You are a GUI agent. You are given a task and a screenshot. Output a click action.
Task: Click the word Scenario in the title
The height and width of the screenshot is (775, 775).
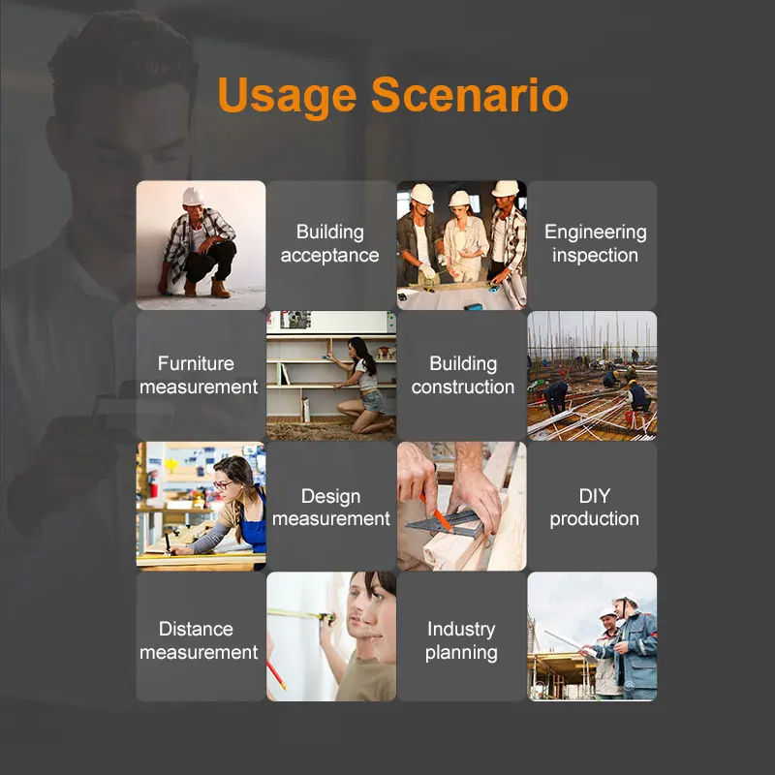pyautogui.click(x=470, y=94)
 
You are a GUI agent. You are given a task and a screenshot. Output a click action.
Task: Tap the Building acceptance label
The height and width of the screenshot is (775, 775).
pyautogui.click(x=330, y=244)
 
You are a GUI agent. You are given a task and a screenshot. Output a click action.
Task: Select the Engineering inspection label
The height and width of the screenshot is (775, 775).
pyautogui.click(x=595, y=244)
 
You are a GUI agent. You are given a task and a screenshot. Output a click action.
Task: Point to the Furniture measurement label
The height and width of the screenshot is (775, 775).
pyautogui.click(x=199, y=375)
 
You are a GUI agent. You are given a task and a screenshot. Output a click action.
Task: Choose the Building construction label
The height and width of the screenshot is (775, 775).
pyautogui.click(x=463, y=375)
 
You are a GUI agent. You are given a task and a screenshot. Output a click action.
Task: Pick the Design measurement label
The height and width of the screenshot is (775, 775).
pyautogui.click(x=331, y=507)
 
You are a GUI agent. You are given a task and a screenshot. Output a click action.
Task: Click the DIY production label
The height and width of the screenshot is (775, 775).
pyautogui.click(x=594, y=507)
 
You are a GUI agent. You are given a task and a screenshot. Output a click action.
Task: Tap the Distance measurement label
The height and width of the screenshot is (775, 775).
pyautogui.click(x=199, y=640)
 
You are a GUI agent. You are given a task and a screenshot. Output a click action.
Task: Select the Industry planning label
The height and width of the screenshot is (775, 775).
pyautogui.click(x=461, y=640)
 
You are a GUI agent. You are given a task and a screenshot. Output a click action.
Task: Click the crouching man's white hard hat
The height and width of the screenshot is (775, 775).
pyautogui.click(x=193, y=197)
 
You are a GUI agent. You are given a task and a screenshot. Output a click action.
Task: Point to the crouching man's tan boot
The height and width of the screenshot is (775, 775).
pyautogui.click(x=221, y=289)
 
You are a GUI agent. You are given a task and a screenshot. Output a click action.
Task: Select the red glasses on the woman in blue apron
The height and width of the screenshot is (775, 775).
pyautogui.click(x=223, y=485)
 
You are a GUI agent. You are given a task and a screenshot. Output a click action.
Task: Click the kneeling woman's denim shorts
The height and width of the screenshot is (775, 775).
pyautogui.click(x=374, y=401)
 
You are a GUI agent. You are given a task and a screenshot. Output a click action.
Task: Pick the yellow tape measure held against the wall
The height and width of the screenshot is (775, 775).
pyautogui.click(x=302, y=614)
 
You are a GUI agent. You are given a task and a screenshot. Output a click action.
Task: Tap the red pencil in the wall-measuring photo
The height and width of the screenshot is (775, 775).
pyautogui.click(x=276, y=674)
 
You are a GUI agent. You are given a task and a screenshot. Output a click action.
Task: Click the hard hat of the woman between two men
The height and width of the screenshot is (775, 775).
pyautogui.click(x=459, y=199)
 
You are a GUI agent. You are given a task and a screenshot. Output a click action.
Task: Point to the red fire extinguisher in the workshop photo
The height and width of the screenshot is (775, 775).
pyautogui.click(x=153, y=484)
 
